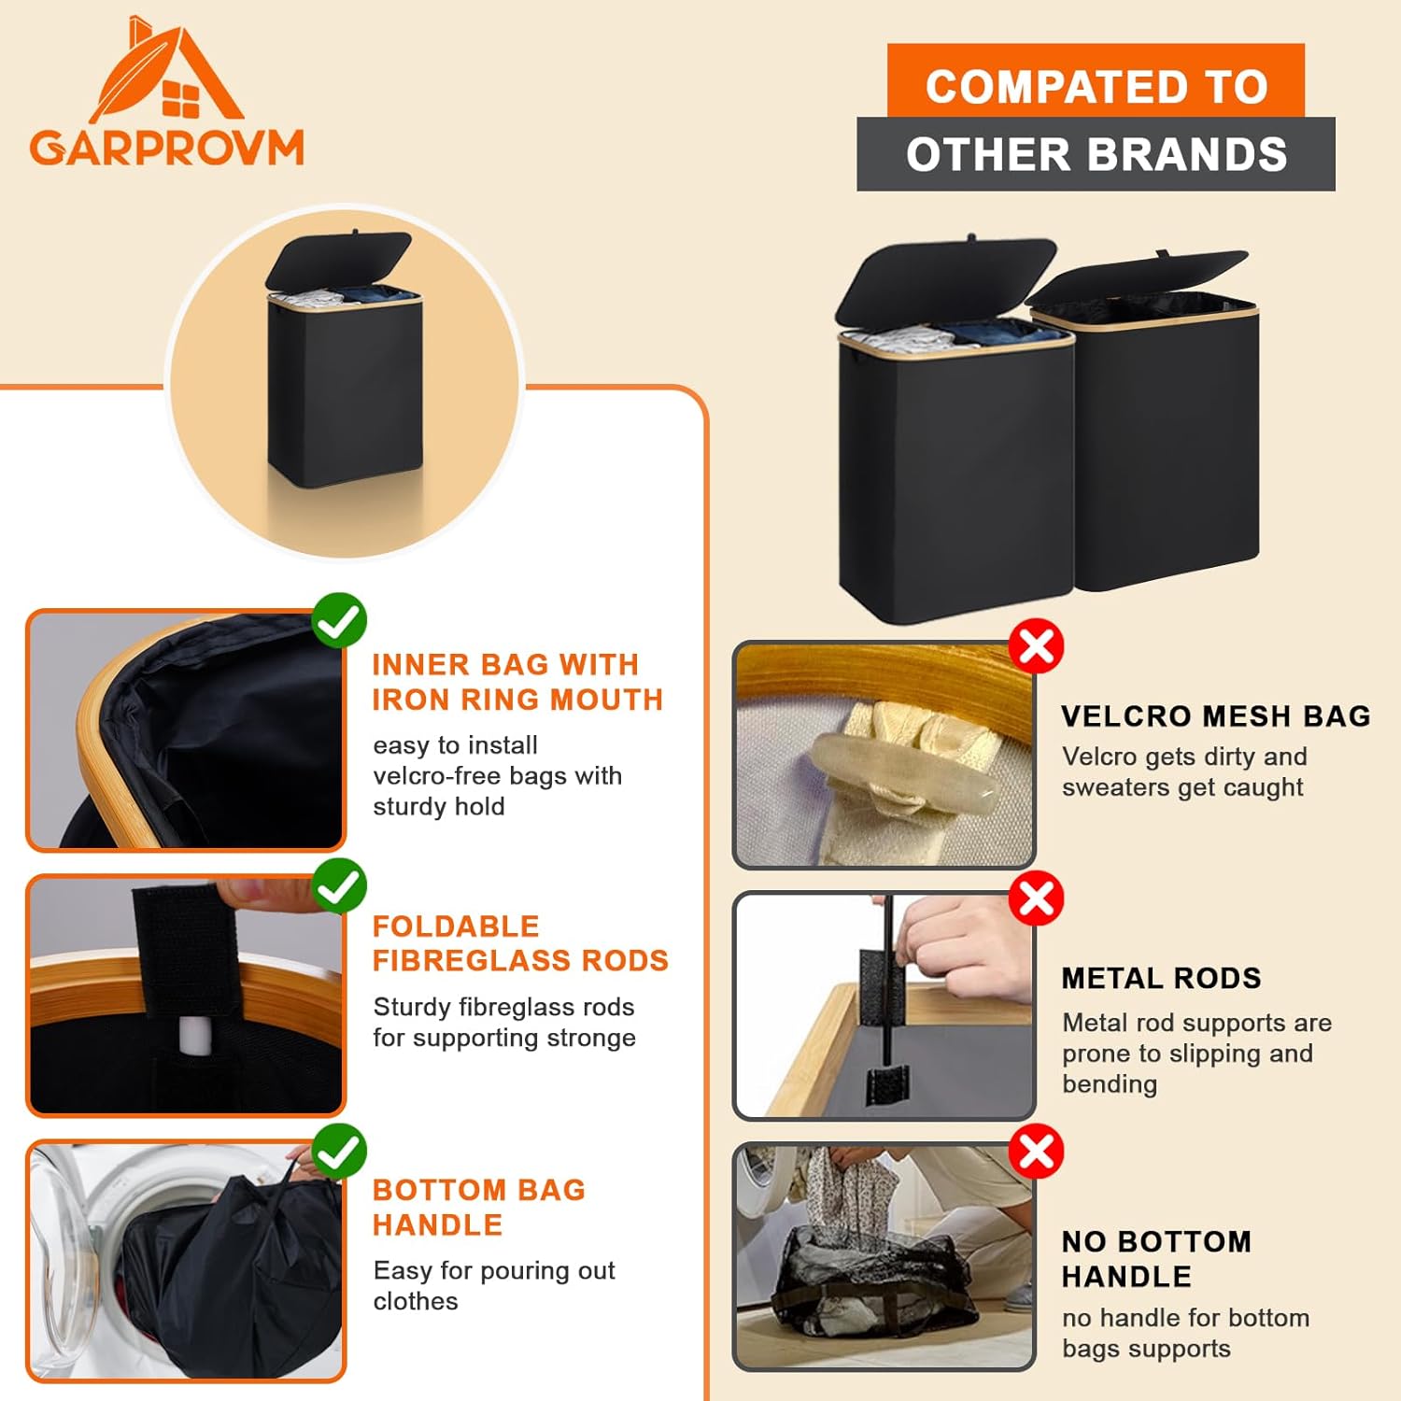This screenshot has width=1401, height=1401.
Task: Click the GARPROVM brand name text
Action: coord(166,149)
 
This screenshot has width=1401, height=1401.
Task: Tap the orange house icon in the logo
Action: coord(168,75)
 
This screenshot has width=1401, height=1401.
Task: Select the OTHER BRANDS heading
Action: coord(1096,155)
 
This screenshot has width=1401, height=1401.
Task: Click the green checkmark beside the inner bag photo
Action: coord(339,620)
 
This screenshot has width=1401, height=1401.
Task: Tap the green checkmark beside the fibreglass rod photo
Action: coord(339,885)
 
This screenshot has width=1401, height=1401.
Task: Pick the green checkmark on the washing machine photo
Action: coord(339,1151)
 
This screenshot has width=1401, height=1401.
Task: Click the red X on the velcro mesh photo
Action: coord(1037,645)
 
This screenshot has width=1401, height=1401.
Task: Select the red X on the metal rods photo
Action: coord(1037,899)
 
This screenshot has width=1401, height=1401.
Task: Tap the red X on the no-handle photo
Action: coord(1037,1152)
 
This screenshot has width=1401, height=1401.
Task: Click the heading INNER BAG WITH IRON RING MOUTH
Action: coord(517,682)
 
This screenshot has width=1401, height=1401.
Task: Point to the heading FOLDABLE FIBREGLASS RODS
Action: coord(519,943)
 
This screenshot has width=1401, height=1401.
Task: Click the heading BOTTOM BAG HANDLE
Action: coord(478,1207)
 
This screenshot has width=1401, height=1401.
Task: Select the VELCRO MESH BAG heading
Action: coord(1215,716)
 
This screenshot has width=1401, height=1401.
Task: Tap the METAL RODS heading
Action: coord(1161,978)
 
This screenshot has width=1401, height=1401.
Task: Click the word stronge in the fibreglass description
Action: coord(587,1039)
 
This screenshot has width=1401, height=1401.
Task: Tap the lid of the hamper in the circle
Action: coord(338,260)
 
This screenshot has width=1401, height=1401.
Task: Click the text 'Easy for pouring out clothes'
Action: coord(493,1285)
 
